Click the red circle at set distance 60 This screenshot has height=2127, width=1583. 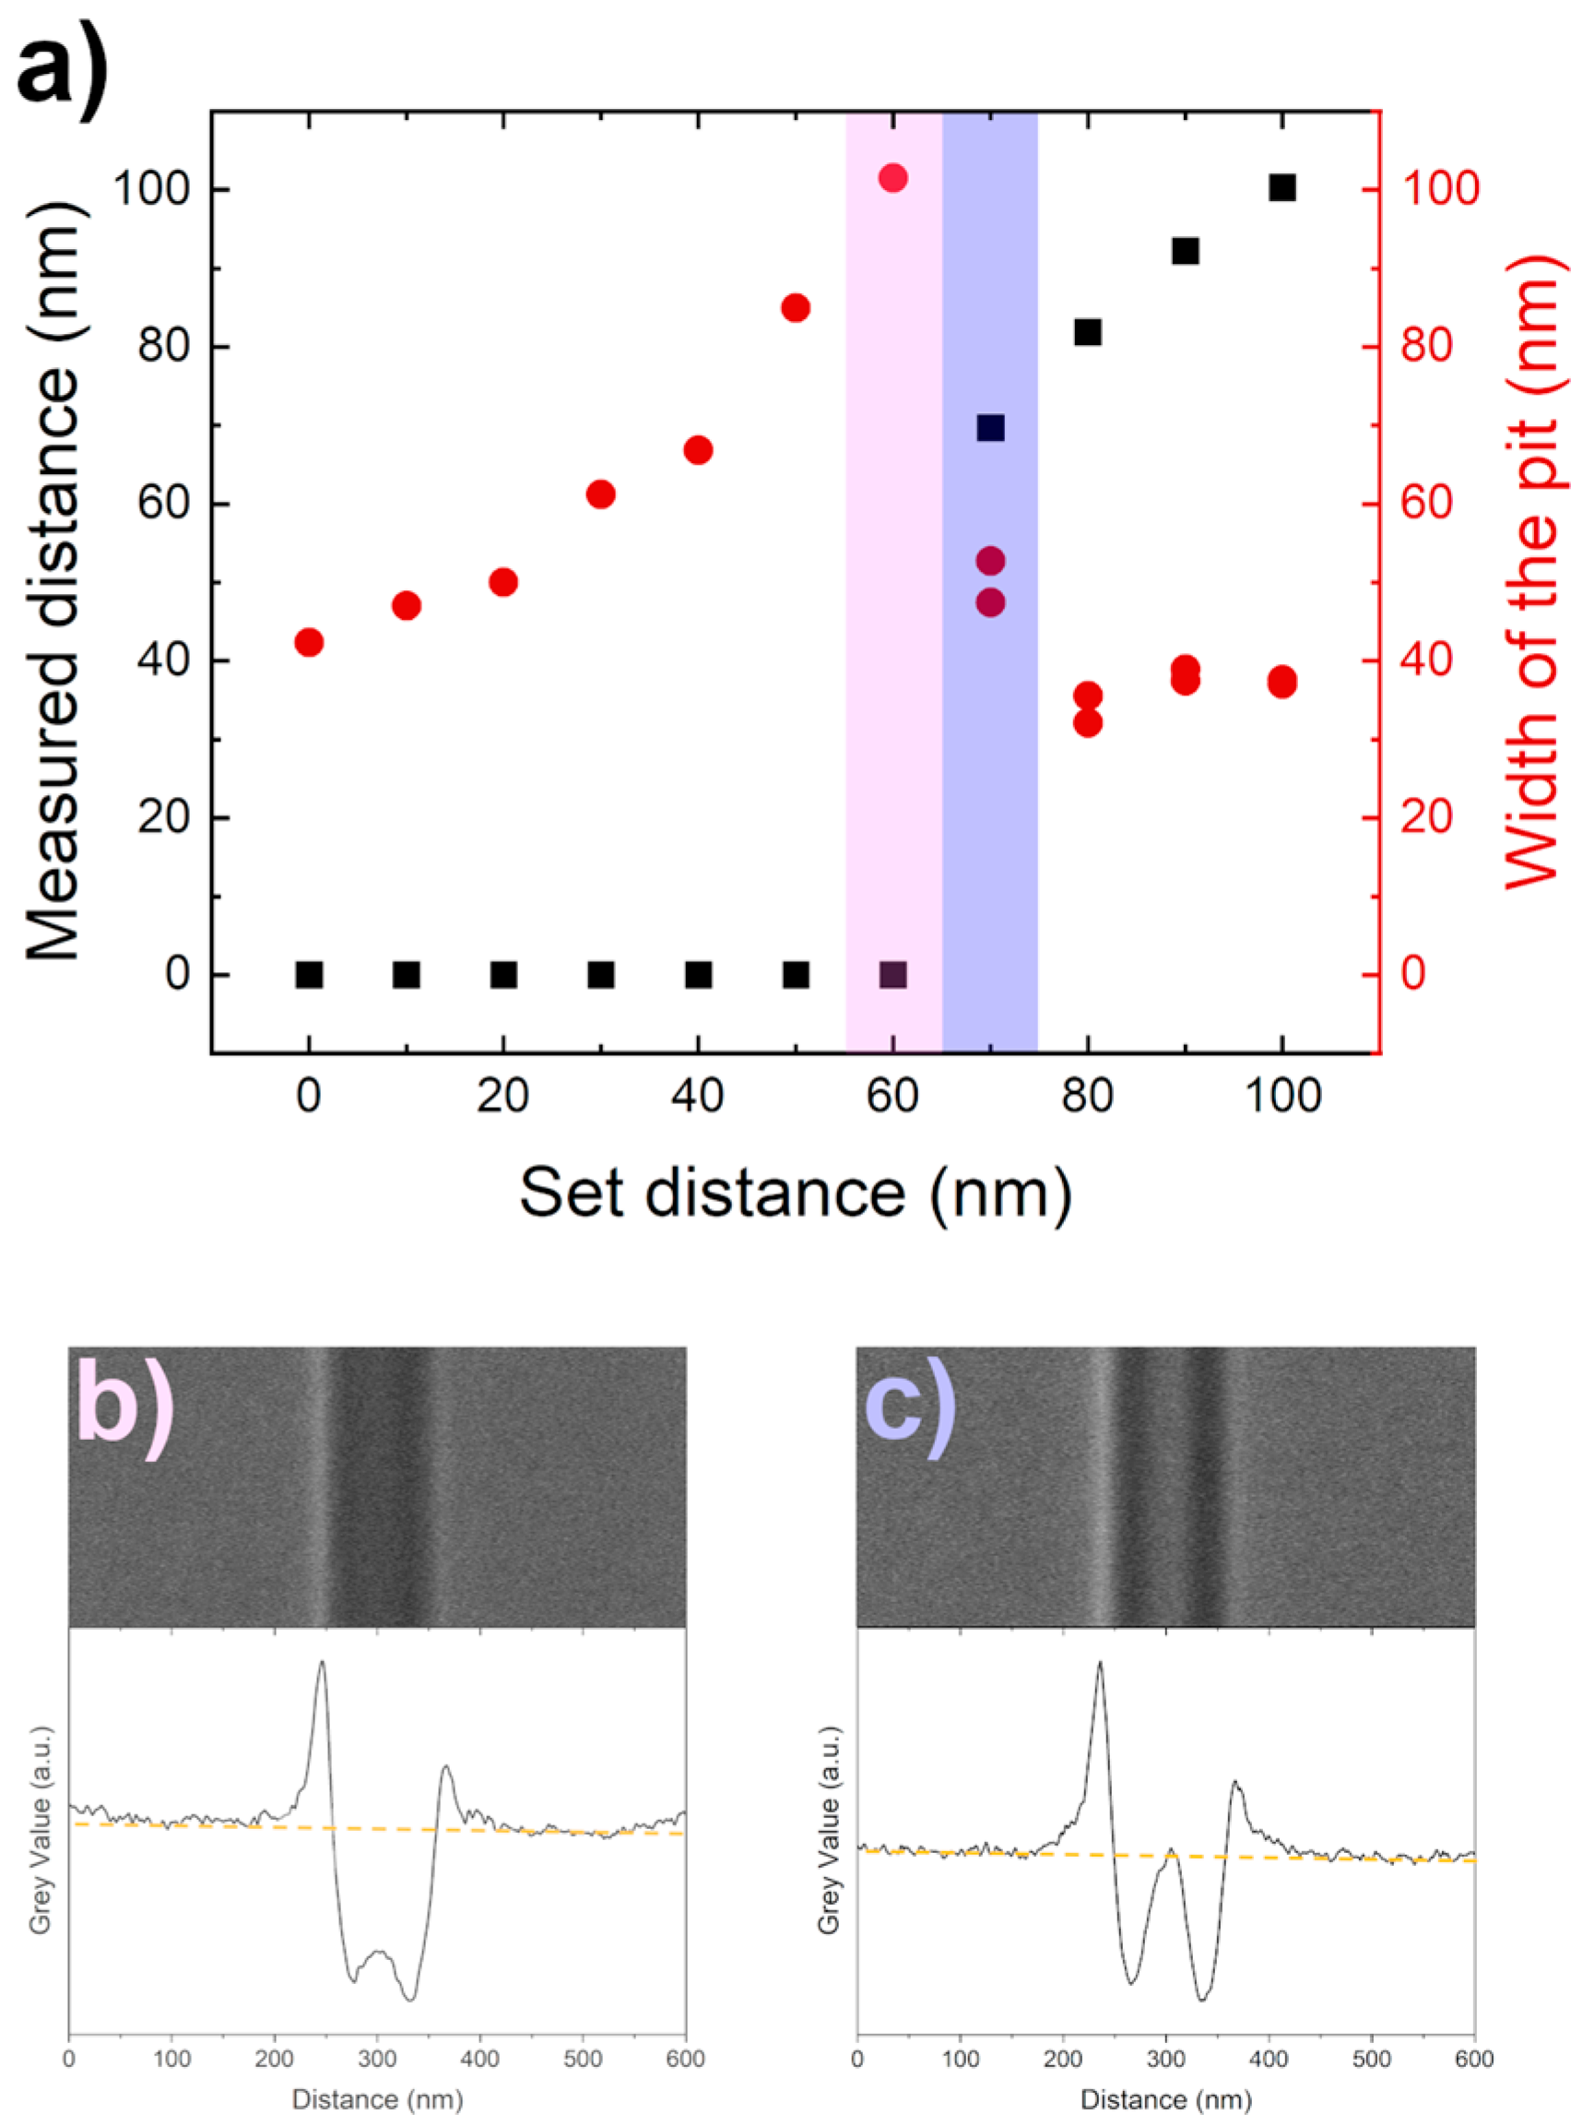point(893,178)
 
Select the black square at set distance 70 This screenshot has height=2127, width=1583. point(990,427)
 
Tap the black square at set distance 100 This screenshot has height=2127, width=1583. point(1282,188)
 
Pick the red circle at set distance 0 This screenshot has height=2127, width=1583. point(309,642)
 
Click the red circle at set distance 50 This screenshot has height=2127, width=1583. point(796,309)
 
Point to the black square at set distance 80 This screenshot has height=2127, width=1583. point(1088,333)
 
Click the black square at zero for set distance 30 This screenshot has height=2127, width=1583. point(601,975)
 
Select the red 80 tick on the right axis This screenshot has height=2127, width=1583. point(1427,347)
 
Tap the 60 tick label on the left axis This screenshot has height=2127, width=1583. point(164,505)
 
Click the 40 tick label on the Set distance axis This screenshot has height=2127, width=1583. point(698,1096)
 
